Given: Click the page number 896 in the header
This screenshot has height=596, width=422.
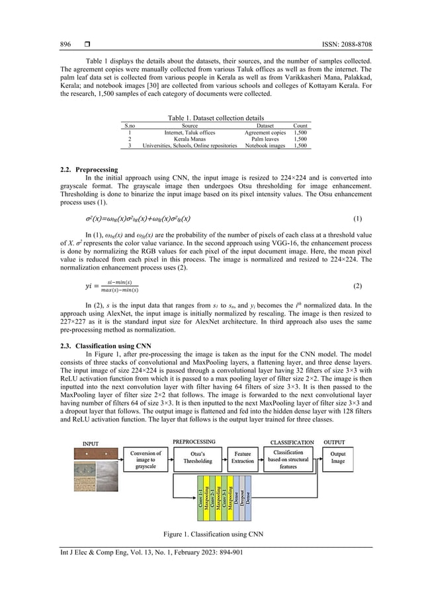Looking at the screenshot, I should point(65,44).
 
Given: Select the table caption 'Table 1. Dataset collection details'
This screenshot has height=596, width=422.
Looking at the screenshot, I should point(211,117).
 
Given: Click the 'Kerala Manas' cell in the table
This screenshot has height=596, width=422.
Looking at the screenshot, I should point(189,139).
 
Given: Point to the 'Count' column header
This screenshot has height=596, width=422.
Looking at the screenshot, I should point(300,125).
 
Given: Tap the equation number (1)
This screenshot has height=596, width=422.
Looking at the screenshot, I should point(357,218).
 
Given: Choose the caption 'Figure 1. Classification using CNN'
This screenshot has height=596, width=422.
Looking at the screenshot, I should point(211,533).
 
